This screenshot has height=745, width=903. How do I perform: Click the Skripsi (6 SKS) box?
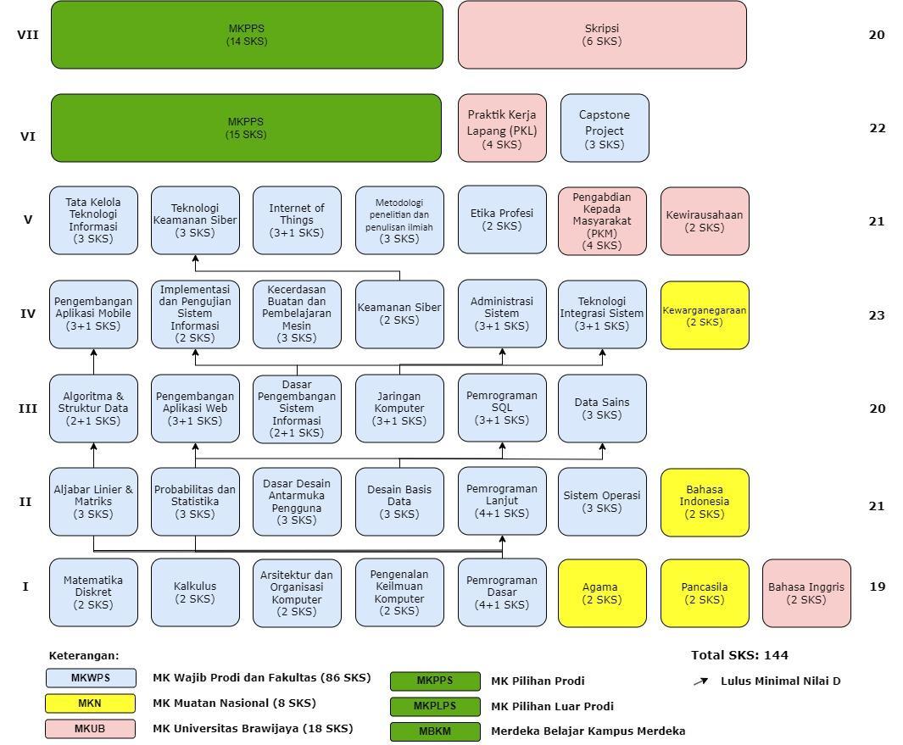point(602,35)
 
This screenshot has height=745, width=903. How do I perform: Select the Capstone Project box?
point(605,128)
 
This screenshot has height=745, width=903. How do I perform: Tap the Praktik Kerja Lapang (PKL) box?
point(502,128)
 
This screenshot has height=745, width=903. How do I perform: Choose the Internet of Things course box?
point(297,220)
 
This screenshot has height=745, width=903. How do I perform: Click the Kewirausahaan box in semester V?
point(705,221)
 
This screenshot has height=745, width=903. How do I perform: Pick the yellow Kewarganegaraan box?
point(705,315)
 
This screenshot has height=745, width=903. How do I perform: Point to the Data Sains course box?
point(602,409)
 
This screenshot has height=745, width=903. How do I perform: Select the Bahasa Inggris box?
point(806,593)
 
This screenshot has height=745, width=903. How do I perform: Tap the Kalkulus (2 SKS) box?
point(195,592)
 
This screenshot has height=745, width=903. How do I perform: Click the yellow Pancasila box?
point(705,593)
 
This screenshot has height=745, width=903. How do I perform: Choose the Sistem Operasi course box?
point(602,502)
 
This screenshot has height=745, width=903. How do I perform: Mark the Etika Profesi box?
point(502,220)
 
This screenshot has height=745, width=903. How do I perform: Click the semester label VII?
point(28,35)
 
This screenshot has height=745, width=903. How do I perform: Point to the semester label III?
point(28,408)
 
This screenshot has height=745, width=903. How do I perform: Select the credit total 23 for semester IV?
point(877,314)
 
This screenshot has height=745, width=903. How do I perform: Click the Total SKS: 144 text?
point(739,655)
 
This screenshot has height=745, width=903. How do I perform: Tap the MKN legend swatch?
point(90,703)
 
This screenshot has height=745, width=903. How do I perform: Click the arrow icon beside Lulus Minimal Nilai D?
point(700,681)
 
